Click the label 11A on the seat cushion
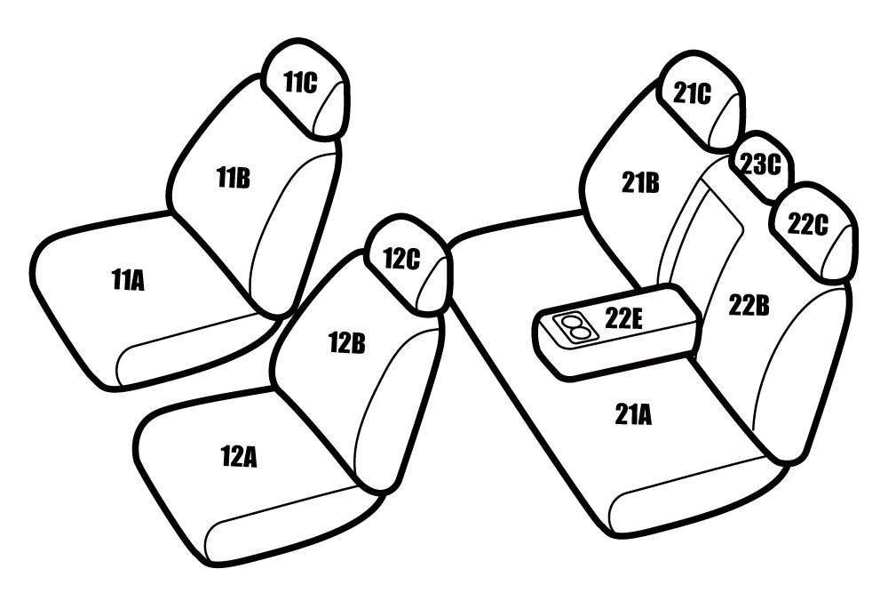tap(129, 280)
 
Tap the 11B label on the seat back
tap(234, 178)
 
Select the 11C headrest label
tap(300, 83)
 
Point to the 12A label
tap(238, 457)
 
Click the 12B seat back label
tap(346, 343)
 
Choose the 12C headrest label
tap(401, 259)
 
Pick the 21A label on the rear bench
tap(633, 415)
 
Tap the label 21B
tap(640, 182)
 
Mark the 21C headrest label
tap(692, 93)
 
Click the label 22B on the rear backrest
tap(749, 306)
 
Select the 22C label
tap(807, 225)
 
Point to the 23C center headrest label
tap(761, 164)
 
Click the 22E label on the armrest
tap(624, 318)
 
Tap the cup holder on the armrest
tap(573, 327)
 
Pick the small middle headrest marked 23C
tap(761, 165)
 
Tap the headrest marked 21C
tap(700, 101)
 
